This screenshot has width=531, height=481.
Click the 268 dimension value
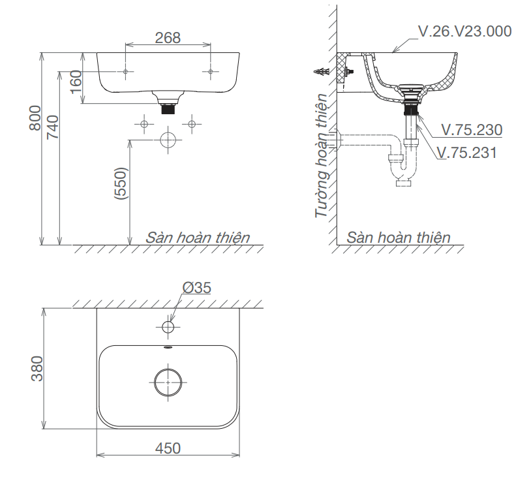coord(168,38)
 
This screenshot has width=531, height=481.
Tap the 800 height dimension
coord(35,118)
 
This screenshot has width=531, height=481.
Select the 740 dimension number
coord(53,127)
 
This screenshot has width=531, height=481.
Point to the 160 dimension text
coord(76,82)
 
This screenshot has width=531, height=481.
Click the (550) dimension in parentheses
coord(121,183)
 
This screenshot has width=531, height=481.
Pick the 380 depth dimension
coord(37,369)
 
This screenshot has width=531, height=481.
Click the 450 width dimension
coord(168,448)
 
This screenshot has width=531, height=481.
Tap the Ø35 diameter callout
coord(197,288)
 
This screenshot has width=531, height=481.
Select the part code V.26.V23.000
coord(465,31)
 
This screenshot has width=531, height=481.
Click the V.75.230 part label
coord(472,130)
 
